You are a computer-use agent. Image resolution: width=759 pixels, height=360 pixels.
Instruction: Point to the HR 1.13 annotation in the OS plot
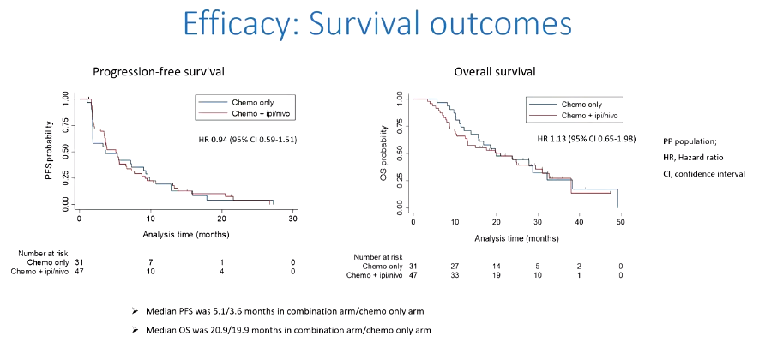586,139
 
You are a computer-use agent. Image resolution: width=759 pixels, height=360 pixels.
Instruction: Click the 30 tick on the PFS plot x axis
293,219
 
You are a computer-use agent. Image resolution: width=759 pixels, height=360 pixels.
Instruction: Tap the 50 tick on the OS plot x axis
619,222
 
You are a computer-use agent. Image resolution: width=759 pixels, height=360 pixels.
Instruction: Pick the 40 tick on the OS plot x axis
578,222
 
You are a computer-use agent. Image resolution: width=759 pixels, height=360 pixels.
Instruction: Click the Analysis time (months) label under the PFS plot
185,232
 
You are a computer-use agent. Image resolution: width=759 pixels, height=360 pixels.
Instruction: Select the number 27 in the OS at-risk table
455,267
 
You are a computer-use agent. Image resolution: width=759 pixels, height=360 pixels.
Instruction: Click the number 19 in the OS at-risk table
496,275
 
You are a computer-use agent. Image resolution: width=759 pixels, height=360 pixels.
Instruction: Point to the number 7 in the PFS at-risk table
150,262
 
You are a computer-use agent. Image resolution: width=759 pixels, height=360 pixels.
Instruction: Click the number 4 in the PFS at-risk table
222,272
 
